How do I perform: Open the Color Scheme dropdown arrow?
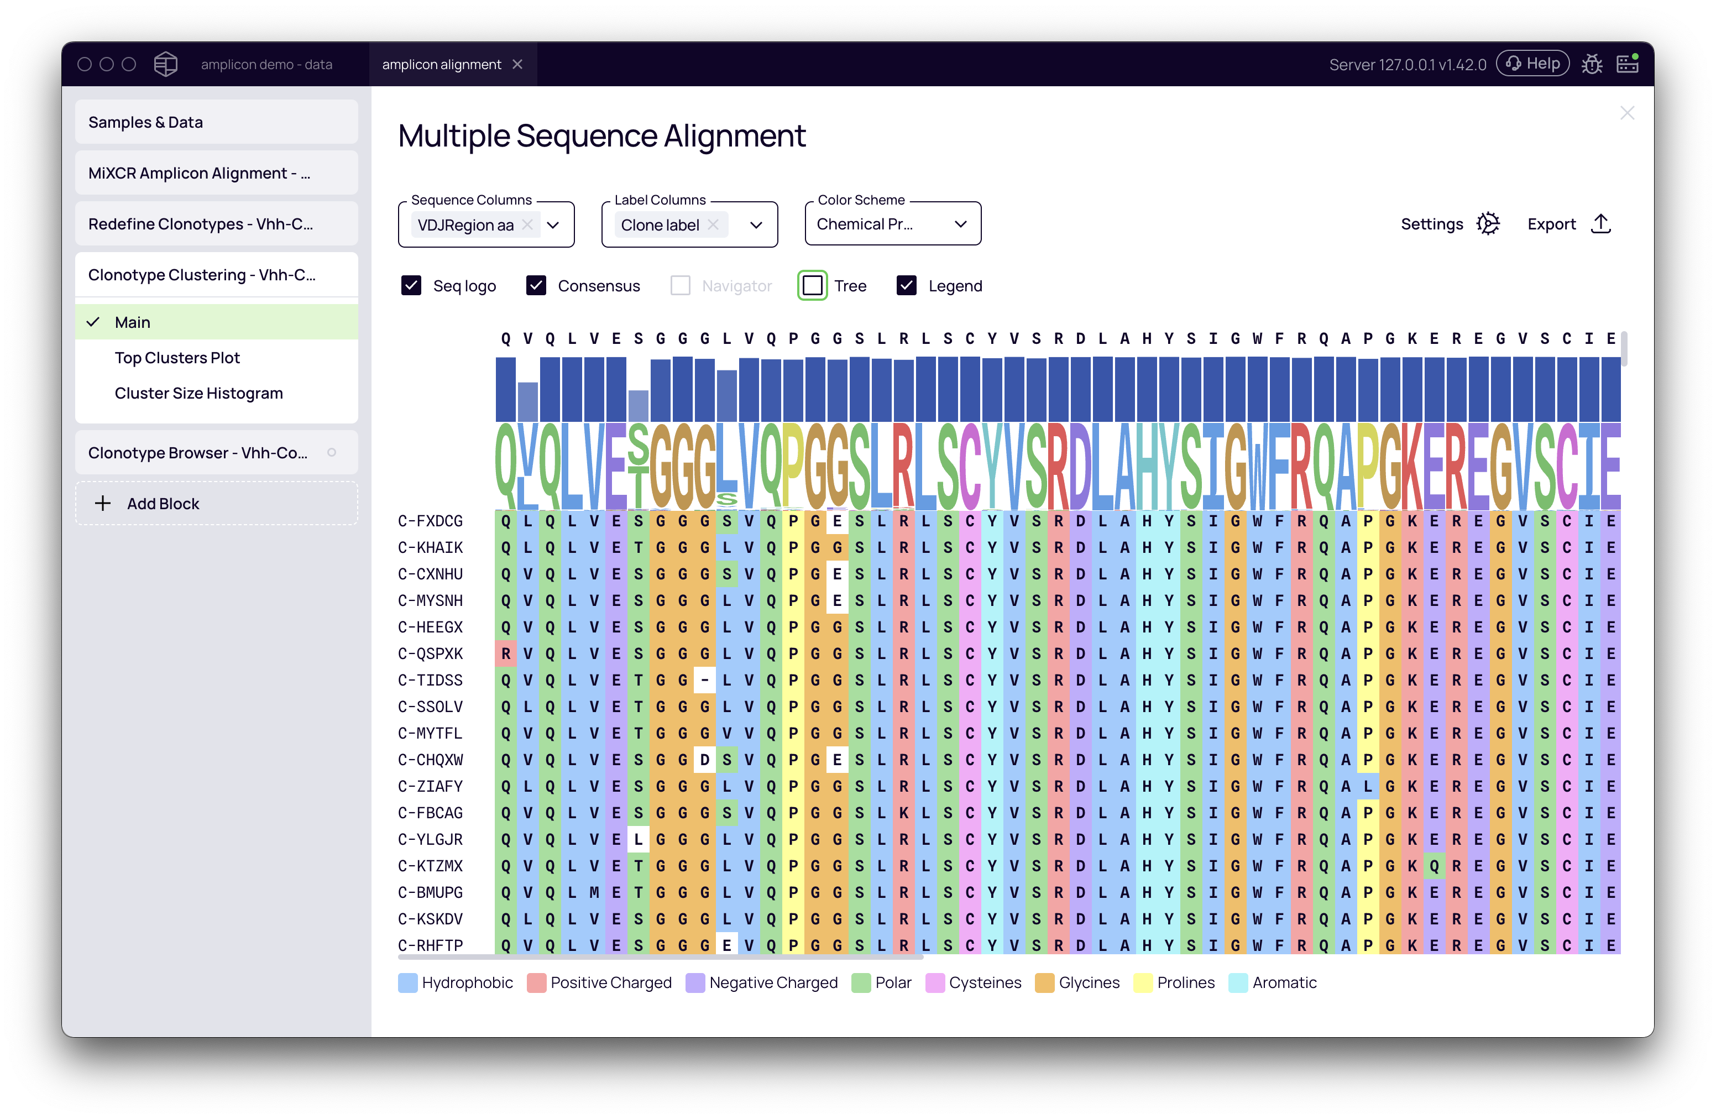coord(960,224)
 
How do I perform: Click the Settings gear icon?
coord(1488,224)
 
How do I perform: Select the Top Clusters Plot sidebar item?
coord(177,358)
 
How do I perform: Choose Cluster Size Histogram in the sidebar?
coord(198,393)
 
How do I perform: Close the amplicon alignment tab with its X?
coord(517,64)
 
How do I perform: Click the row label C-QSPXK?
coord(431,654)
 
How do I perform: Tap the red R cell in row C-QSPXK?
coord(506,654)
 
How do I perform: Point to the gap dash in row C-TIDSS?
coord(704,680)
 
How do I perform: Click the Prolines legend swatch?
coord(1143,983)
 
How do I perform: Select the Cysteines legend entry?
coord(985,983)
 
